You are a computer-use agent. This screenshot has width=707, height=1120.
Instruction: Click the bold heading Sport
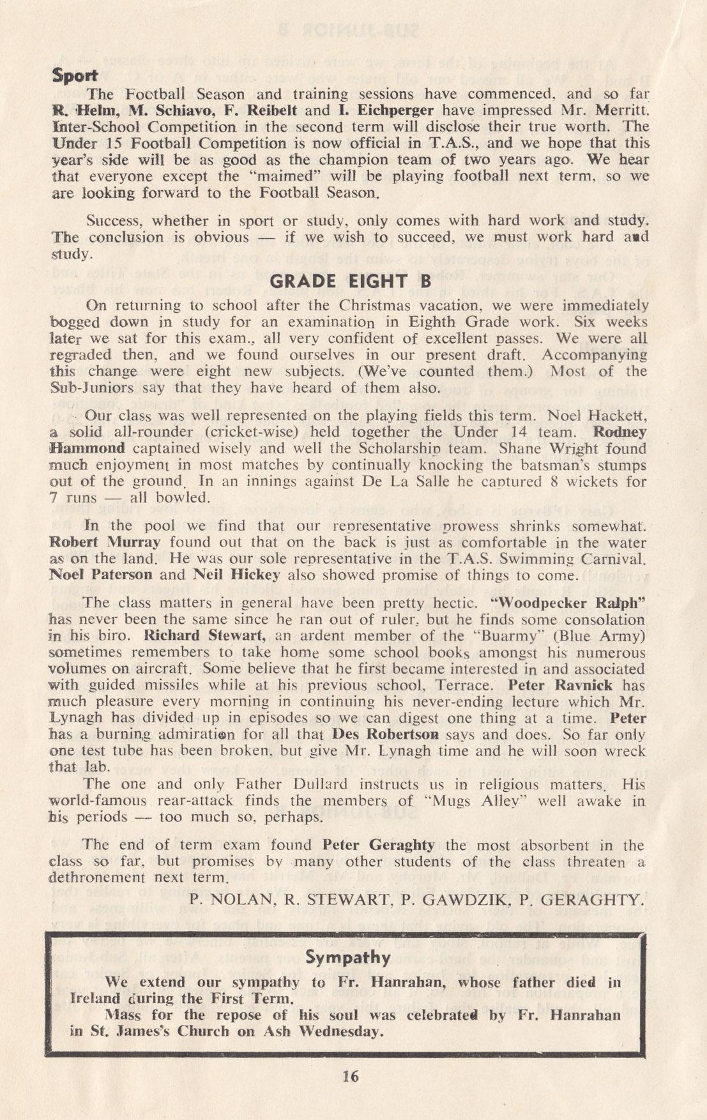pos(72,75)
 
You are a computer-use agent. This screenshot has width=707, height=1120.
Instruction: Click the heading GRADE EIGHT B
pos(351,282)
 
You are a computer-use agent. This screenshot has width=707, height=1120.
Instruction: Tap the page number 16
pos(351,1077)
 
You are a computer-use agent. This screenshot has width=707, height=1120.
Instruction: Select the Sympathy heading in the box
pos(348,957)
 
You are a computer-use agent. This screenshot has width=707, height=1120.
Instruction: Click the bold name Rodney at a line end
pos(620,432)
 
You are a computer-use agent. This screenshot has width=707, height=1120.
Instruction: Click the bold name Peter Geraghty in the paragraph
pos(379,845)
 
